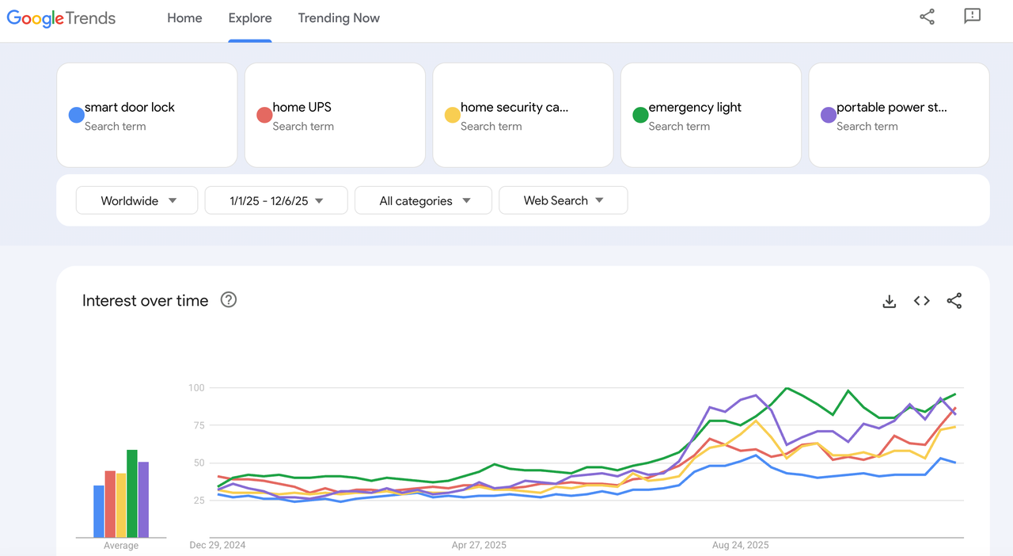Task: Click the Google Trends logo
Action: [x=61, y=18]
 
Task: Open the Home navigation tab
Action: [x=184, y=18]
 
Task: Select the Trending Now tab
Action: [x=339, y=18]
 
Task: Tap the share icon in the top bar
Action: [x=927, y=17]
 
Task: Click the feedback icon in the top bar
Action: [x=972, y=17]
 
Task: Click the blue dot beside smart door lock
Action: [x=77, y=116]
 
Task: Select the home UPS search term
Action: [x=302, y=108]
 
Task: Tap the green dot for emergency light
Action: [x=640, y=116]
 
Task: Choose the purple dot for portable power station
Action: [x=829, y=116]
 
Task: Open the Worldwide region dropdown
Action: [x=137, y=201]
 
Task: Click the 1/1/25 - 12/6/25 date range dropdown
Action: [x=276, y=201]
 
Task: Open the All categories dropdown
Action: [x=423, y=201]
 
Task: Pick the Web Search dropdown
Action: [x=563, y=201]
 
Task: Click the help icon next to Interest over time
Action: [x=229, y=299]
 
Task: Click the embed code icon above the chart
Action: [x=921, y=301]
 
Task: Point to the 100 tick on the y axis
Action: [x=196, y=388]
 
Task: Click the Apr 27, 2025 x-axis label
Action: [x=479, y=545]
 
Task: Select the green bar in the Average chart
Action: [x=132, y=493]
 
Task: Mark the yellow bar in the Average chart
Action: [x=121, y=505]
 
